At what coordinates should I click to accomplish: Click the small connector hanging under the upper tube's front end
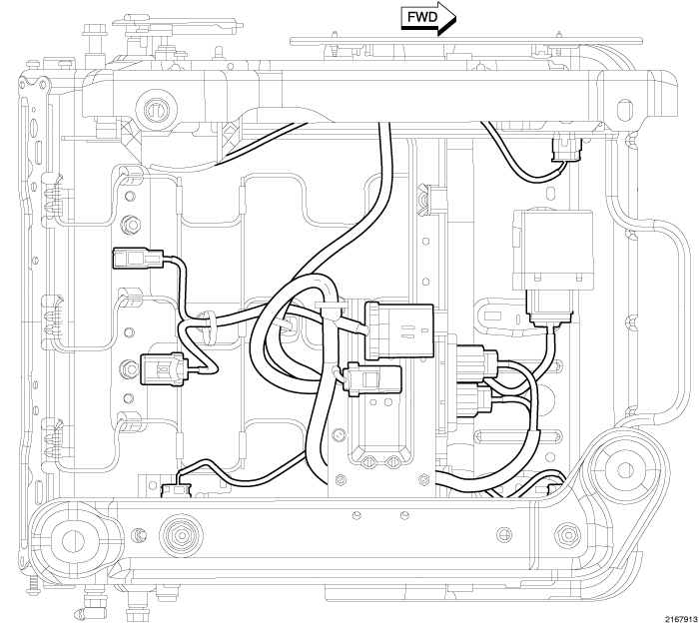click(x=566, y=151)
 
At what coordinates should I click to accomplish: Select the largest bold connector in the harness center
click(x=399, y=328)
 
